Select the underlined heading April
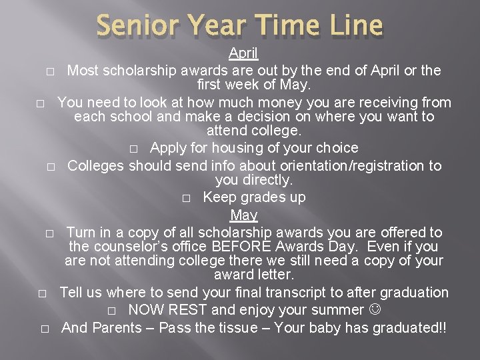(x=243, y=53)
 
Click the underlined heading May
(x=243, y=215)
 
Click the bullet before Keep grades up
(x=187, y=198)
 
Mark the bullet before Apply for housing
(x=135, y=148)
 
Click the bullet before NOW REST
(x=112, y=311)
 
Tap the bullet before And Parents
(x=45, y=328)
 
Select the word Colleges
(x=95, y=165)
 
